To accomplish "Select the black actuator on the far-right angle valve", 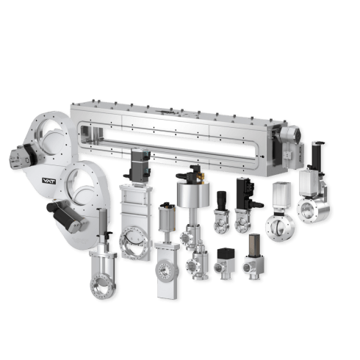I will (x=316, y=157).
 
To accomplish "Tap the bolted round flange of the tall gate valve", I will (x=136, y=240).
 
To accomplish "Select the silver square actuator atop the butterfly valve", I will (x=280, y=194).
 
